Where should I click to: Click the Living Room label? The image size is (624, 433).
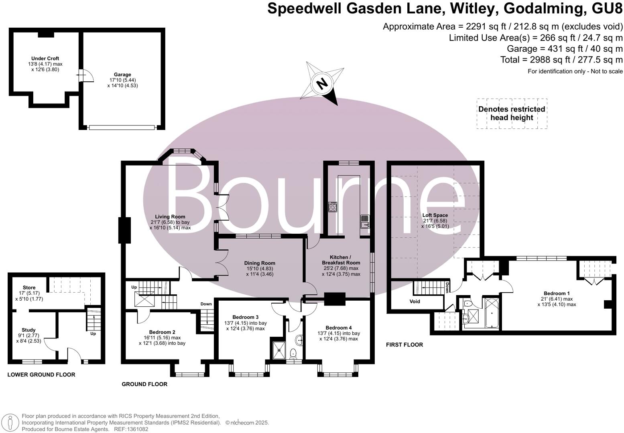click(170, 216)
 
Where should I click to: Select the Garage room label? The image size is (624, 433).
click(122, 75)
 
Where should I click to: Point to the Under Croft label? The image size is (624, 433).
click(45, 59)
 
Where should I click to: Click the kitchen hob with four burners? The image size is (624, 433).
click(333, 207)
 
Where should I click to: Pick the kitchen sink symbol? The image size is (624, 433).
click(365, 221)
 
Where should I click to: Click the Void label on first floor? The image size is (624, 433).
click(415, 301)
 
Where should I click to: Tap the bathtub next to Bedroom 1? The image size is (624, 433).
click(491, 313)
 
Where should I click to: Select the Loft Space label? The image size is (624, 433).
click(435, 215)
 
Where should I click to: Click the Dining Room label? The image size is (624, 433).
click(260, 263)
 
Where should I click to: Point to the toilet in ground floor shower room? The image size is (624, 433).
click(293, 353)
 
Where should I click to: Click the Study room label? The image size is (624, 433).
click(28, 330)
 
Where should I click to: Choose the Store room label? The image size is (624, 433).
click(29, 287)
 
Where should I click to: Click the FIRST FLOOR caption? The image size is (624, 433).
click(404, 345)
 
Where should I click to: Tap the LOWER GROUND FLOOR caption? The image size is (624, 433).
click(41, 375)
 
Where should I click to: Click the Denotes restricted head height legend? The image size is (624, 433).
click(512, 113)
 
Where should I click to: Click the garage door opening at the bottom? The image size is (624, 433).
click(122, 127)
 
